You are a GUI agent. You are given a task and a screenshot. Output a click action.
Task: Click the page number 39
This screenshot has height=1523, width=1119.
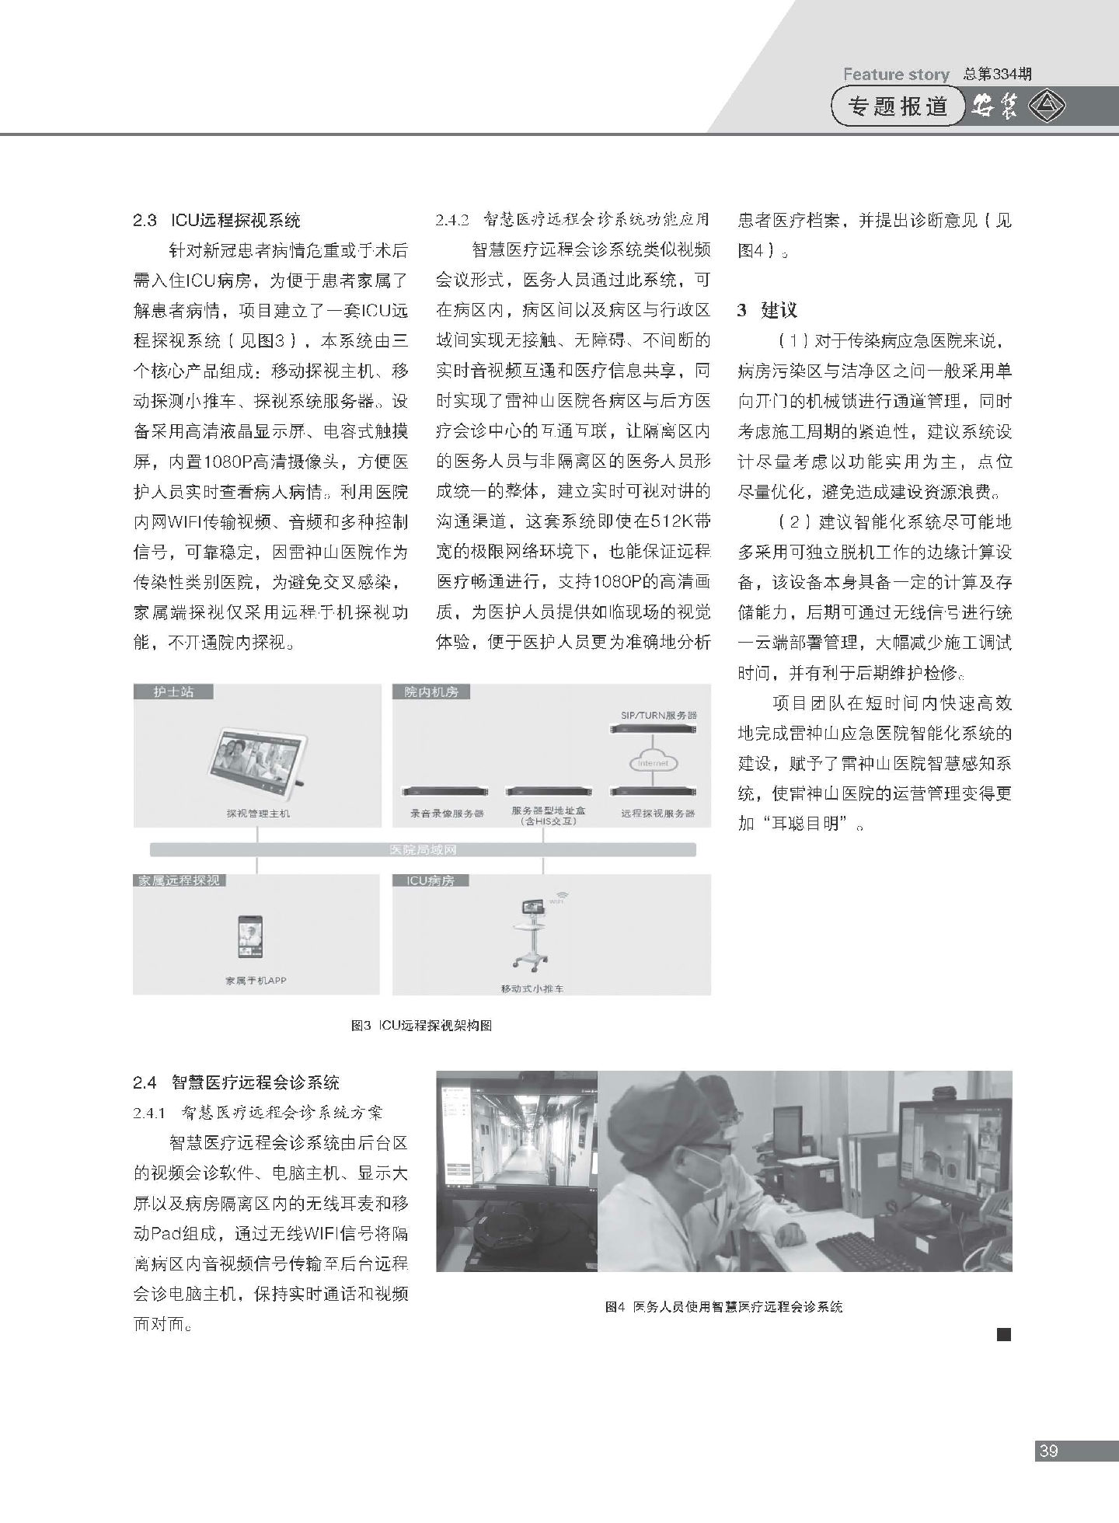(1048, 1451)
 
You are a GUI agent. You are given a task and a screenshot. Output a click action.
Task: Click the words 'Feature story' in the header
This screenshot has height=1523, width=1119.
(896, 75)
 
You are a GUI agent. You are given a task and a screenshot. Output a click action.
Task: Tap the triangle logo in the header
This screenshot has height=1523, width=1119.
(1048, 106)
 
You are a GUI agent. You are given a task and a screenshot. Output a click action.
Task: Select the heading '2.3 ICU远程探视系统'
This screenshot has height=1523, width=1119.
(216, 221)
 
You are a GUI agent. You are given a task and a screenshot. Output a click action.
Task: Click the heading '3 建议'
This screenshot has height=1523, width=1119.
(767, 311)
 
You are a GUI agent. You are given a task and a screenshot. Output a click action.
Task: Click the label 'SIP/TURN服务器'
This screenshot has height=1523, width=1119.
(659, 714)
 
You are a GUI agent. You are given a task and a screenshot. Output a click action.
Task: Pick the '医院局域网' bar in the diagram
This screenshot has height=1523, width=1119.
(423, 849)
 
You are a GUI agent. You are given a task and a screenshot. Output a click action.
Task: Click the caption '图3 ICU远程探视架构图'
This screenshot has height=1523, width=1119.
(422, 1026)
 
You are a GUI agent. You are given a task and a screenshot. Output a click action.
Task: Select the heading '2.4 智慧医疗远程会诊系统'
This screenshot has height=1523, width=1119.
(236, 1082)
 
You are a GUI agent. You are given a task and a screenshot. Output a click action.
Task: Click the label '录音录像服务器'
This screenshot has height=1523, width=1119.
(447, 814)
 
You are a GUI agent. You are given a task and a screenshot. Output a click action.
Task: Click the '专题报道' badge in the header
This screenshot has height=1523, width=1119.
(899, 106)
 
